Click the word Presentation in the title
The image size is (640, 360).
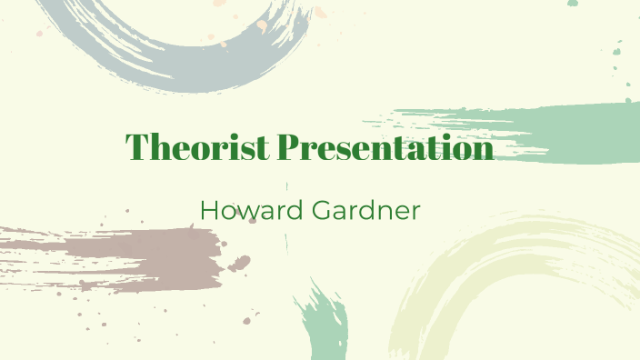[385, 146]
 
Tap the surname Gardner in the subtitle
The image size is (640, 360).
[362, 210]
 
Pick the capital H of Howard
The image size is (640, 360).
[208, 210]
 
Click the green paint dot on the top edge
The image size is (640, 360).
[572, 4]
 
